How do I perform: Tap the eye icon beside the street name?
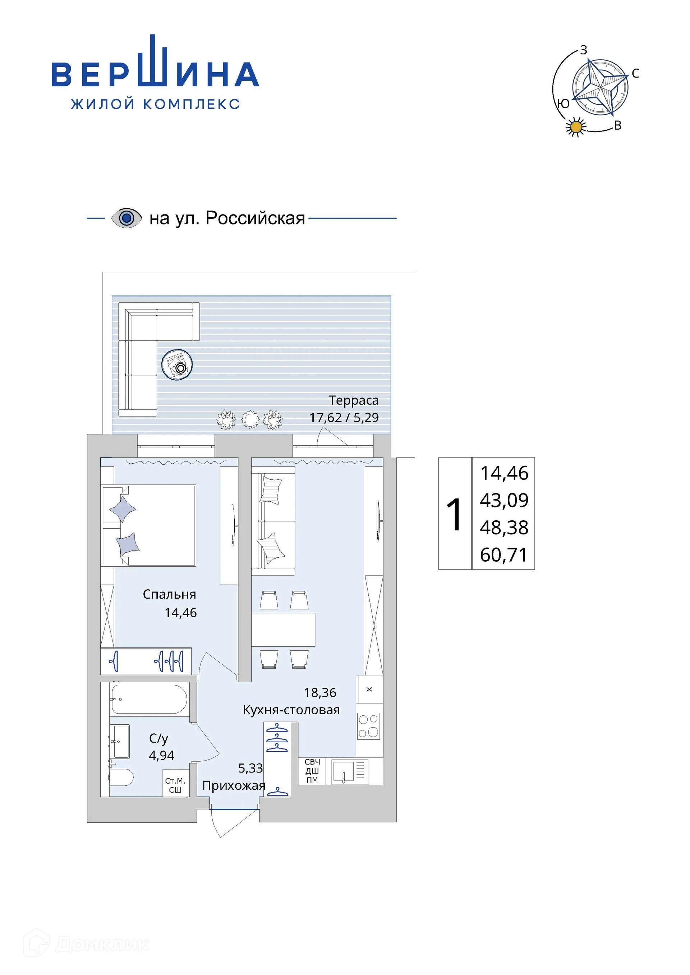126,218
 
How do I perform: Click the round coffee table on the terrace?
177,365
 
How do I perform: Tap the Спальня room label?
169,594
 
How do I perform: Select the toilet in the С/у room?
121,777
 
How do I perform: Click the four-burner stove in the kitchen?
368,726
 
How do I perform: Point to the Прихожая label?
233,786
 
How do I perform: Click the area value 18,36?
320,693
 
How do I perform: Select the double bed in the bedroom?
149,526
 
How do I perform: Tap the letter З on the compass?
584,50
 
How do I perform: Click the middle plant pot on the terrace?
250,419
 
